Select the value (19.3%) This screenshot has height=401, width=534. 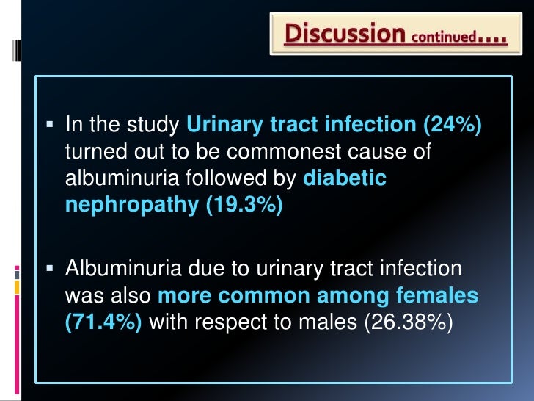(x=241, y=205)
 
